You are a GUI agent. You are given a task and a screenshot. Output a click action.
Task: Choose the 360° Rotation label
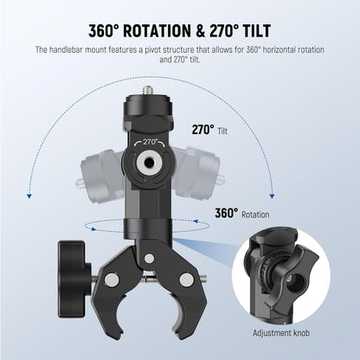(242, 213)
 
